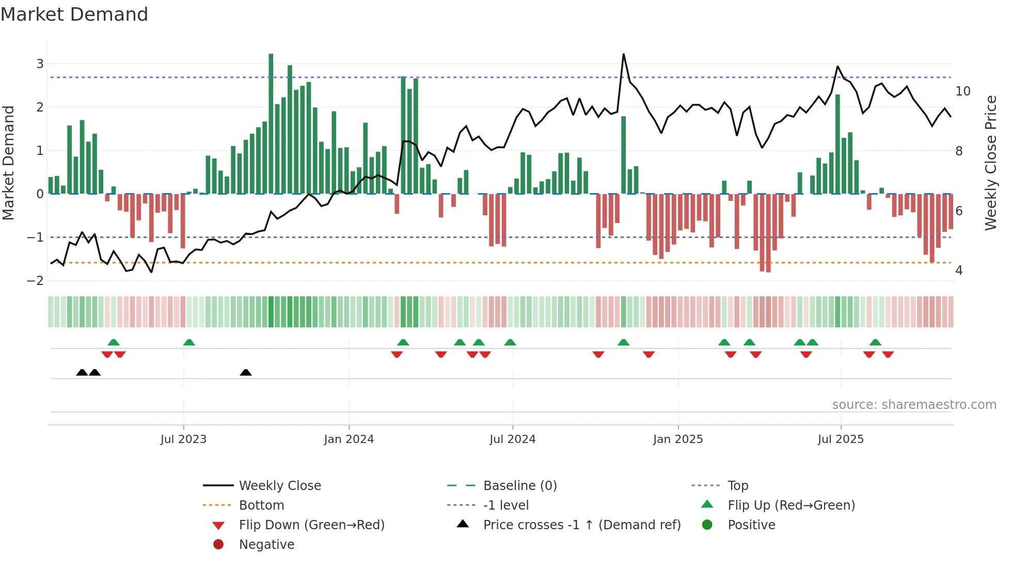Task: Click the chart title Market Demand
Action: pyautogui.click(x=74, y=14)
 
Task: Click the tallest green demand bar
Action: pyautogui.click(x=271, y=124)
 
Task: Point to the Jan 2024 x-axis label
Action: pyautogui.click(x=349, y=439)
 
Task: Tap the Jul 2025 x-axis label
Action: pyautogui.click(x=841, y=439)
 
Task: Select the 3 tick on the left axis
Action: pyautogui.click(x=40, y=64)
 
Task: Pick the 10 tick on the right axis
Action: pyautogui.click(x=963, y=91)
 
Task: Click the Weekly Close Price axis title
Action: pyautogui.click(x=990, y=163)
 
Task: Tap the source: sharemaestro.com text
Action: pyautogui.click(x=914, y=405)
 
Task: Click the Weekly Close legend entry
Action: pyautogui.click(x=279, y=486)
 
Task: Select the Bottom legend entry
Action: pyautogui.click(x=261, y=505)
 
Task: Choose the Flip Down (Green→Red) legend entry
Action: pyautogui.click(x=311, y=525)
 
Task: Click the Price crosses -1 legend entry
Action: pyautogui.click(x=581, y=525)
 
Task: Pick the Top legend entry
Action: pyautogui.click(x=738, y=486)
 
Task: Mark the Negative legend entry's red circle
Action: pyautogui.click(x=218, y=545)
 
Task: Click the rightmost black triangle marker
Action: pyautogui.click(x=246, y=373)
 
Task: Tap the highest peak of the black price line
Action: pyautogui.click(x=624, y=54)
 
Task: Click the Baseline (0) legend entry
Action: pyautogui.click(x=519, y=486)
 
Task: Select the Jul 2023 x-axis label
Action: pyautogui.click(x=183, y=439)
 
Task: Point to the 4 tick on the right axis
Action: pyautogui.click(x=959, y=271)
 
